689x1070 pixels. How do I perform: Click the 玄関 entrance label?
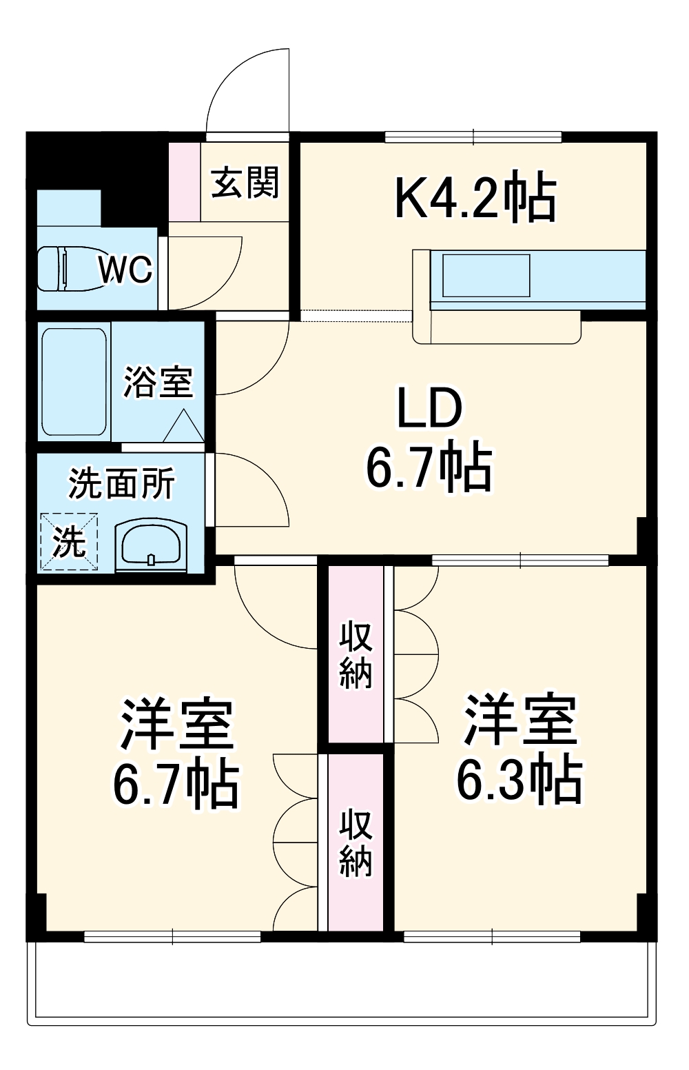coord(245,183)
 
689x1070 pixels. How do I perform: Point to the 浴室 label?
coord(158,381)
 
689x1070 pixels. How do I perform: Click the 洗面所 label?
coord(121,483)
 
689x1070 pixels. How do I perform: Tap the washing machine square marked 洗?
coord(69,541)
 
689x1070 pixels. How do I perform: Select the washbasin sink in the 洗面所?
coord(151,543)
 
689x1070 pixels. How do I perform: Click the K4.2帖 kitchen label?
coord(475,198)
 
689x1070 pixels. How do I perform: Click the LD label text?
coord(429,408)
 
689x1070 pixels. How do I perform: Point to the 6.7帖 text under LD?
coord(429,467)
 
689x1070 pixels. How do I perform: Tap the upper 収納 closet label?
coord(356,654)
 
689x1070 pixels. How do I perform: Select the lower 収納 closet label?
coord(356,842)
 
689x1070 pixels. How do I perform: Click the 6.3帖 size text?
coord(520,780)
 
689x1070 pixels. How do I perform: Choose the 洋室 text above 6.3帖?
coord(520,720)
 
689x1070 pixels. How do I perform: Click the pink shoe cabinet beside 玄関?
coord(185,182)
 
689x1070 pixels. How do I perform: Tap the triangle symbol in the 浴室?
coord(184,427)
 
